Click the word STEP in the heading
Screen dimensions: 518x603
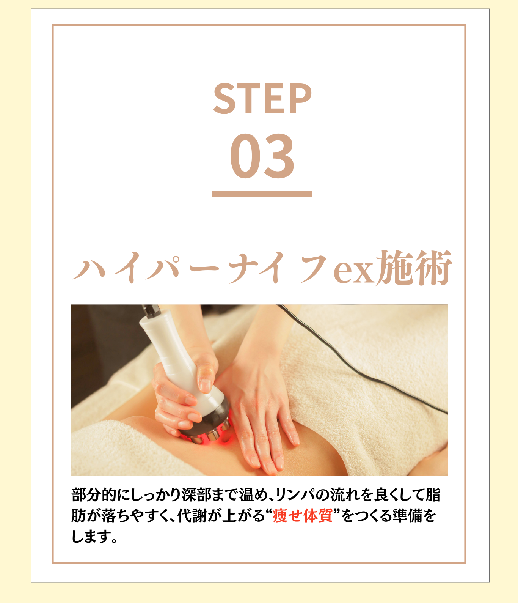point(262,99)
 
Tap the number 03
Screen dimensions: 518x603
point(262,156)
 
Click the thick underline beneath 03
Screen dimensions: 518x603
point(262,194)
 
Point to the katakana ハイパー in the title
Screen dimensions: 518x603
point(146,268)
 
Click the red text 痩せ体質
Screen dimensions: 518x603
point(303,515)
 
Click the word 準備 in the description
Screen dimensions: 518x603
point(408,515)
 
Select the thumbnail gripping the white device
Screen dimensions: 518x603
point(205,385)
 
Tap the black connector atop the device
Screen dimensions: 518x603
point(151,311)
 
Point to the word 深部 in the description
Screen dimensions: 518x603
point(196,495)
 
